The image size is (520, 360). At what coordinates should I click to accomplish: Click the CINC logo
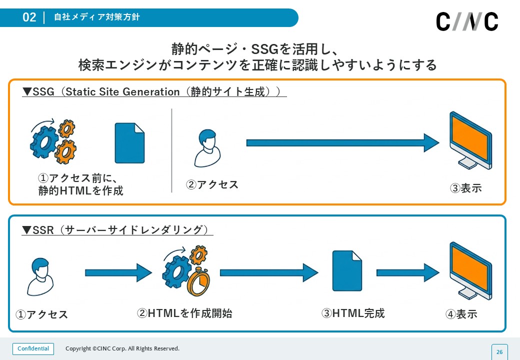(x=467, y=21)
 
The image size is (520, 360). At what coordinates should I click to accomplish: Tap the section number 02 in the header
(x=29, y=17)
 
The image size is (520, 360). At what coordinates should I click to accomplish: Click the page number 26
(x=499, y=352)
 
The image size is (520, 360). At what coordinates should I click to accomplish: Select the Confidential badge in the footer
(x=33, y=348)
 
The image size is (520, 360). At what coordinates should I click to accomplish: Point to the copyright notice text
(x=122, y=348)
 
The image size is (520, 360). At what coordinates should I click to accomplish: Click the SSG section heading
(x=154, y=92)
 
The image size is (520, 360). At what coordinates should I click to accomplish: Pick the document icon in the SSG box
(x=129, y=143)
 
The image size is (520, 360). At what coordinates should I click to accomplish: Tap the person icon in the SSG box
(x=207, y=148)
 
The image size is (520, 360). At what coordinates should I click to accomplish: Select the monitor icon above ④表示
(x=470, y=270)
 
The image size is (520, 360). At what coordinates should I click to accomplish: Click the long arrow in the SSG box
(x=342, y=143)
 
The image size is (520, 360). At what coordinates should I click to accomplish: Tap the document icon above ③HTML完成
(x=347, y=271)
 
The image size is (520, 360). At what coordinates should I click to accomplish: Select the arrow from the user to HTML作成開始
(x=118, y=272)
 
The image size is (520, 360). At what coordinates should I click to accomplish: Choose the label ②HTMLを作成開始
(x=184, y=313)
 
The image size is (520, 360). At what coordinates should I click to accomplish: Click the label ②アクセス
(x=212, y=184)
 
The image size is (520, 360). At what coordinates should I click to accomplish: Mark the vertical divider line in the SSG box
(x=171, y=150)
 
